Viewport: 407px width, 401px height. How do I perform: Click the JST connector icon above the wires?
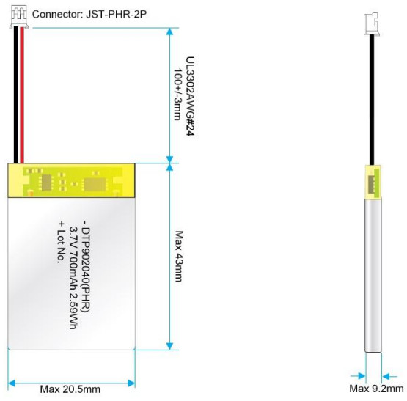coord(19,17)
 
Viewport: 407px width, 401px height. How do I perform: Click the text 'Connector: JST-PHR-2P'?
coord(89,14)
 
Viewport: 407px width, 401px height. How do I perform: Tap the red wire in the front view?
coord(22,95)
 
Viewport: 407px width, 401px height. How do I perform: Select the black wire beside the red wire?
coord(16,95)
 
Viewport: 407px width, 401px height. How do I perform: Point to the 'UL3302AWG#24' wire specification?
coord(190,96)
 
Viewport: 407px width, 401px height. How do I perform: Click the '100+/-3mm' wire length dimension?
coord(177,95)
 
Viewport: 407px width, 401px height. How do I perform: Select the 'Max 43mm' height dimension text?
coord(179,256)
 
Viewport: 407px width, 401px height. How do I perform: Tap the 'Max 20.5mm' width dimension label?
coord(70,389)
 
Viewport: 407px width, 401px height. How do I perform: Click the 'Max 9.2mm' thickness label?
coord(376,389)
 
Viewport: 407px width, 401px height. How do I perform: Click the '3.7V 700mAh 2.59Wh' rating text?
coord(73,278)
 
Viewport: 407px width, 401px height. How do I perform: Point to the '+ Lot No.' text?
coord(61,242)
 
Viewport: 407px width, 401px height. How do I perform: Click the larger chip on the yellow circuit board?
coord(95,184)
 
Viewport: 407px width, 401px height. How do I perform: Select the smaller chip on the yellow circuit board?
coord(46,183)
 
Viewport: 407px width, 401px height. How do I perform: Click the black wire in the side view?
coord(372,100)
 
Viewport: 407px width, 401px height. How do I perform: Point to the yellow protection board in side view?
coord(373,183)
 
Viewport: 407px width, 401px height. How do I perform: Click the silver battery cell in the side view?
coord(373,275)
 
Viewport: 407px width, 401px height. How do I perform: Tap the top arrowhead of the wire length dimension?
coord(169,32)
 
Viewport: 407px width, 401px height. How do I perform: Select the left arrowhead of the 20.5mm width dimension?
coord(12,383)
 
